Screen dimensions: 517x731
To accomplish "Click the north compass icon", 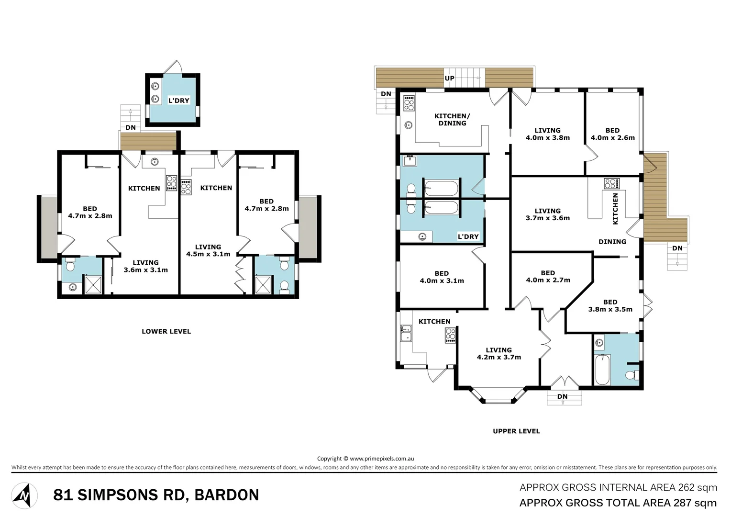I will click(24, 495).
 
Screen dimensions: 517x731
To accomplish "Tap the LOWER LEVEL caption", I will click(166, 331).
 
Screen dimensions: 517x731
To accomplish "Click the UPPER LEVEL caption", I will click(516, 431).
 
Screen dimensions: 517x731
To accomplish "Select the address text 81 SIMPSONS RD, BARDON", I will click(156, 495).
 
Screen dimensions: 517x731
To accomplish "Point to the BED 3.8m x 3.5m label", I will click(610, 306).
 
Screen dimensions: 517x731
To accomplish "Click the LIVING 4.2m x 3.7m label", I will click(498, 354).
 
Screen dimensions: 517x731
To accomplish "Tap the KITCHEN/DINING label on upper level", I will click(452, 120).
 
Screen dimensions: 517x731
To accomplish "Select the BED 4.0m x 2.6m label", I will click(612, 134).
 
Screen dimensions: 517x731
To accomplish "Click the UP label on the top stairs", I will click(450, 79).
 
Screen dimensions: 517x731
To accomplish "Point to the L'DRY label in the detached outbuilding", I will click(179, 101).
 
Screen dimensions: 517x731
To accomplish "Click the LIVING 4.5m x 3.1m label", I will click(208, 250).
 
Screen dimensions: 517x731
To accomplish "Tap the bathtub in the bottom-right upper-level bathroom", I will click(602, 370).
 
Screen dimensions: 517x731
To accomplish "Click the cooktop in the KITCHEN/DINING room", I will click(409, 103).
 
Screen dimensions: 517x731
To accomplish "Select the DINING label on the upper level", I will click(612, 242).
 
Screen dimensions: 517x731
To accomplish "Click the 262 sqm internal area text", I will click(618, 488).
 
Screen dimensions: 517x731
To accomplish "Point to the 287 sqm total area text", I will click(618, 503).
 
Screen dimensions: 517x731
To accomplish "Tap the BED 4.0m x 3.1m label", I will click(442, 277).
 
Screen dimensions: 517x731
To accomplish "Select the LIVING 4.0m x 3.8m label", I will click(547, 134).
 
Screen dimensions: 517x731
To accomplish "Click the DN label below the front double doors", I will click(563, 397).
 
